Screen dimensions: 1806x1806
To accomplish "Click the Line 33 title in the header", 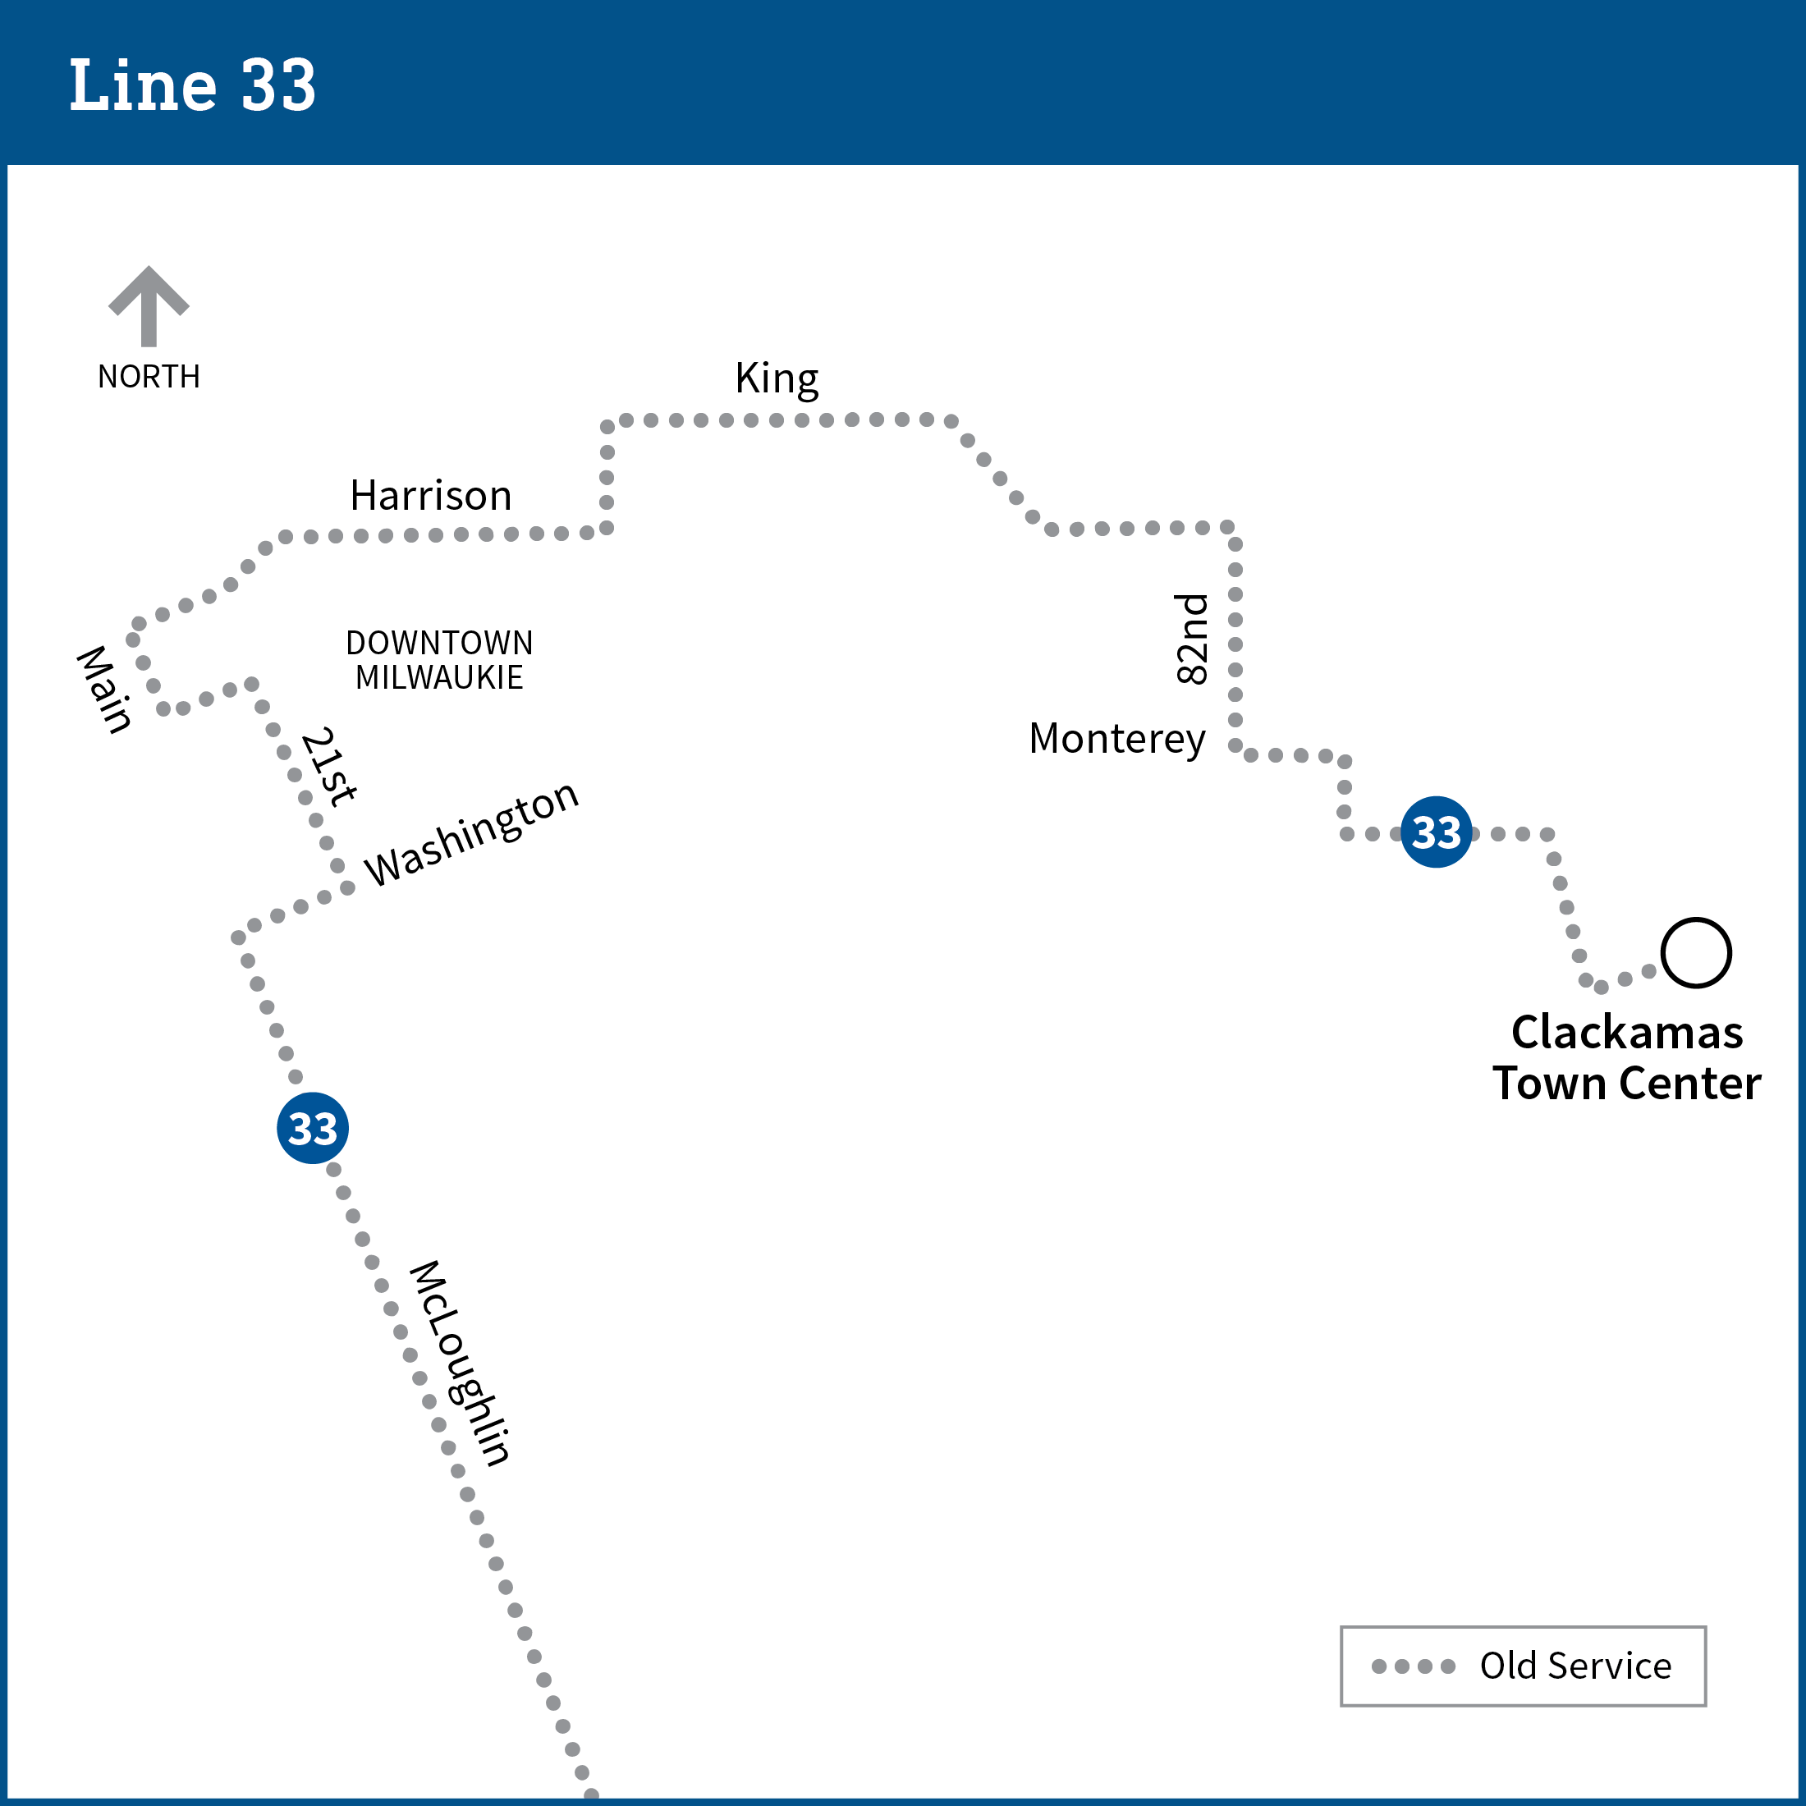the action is coord(193,85).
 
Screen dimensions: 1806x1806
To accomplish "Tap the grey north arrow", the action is coord(149,305).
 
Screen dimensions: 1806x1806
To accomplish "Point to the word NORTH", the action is coord(149,377).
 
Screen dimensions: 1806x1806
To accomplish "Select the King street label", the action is coord(777,379).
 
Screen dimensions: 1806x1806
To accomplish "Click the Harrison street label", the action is coord(431,496).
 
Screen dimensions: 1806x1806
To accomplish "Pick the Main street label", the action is coord(103,689).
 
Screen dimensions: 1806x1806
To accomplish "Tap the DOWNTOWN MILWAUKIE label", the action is coord(439,660).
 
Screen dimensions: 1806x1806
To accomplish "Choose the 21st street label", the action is coord(329,766).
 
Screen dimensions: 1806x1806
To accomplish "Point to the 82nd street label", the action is coord(1192,639).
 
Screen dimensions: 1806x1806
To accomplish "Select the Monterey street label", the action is coord(1117,740).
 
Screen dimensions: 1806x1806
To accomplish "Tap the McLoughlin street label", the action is coord(460,1363).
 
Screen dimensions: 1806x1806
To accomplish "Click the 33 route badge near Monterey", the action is coord(1437,832).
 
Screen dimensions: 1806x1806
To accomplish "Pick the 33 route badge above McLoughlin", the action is coord(313,1127).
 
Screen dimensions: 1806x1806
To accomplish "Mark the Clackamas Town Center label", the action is coord(1626,1058).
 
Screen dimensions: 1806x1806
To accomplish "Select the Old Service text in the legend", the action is coord(1576,1666).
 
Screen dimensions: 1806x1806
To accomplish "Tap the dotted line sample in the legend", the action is coord(1414,1666).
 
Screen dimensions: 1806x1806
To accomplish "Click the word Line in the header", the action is coord(143,85).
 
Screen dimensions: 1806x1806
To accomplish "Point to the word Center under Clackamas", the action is coord(1691,1084).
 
